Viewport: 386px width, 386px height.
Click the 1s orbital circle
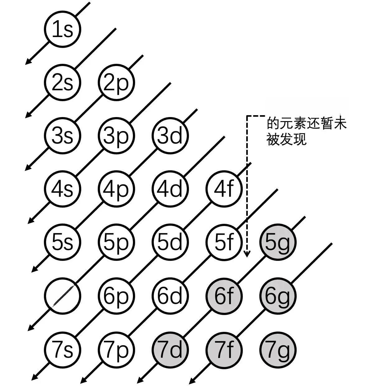tap(62, 30)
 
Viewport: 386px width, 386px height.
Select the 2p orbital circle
tap(116, 83)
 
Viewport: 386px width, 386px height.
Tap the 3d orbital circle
tap(170, 136)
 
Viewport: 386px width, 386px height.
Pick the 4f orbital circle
tap(224, 189)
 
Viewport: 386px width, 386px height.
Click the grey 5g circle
tap(278, 242)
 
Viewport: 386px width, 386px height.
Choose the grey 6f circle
tap(224, 295)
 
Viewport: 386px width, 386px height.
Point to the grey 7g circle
tap(278, 349)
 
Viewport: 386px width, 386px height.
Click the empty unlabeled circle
tap(62, 295)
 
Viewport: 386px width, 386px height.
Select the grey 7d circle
tap(170, 349)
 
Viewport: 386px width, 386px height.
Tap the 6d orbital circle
tap(170, 295)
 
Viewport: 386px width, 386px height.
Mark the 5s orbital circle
tap(62, 242)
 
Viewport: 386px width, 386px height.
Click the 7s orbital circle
tap(62, 349)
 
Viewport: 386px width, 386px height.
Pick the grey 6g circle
tap(278, 295)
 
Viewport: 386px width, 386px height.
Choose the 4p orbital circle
tap(116, 189)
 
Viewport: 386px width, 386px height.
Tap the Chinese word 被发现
tap(286, 139)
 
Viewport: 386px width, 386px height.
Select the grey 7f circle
tap(224, 349)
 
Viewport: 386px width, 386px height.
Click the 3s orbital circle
tap(62, 136)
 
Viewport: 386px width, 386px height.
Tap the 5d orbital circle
tap(170, 242)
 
